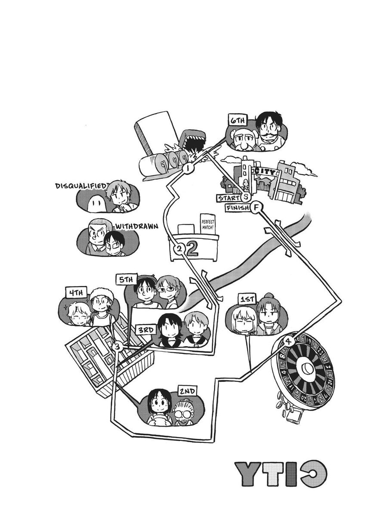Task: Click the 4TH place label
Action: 75,293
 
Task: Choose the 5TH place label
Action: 126,279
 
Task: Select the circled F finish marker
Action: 257,208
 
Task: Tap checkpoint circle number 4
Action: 288,341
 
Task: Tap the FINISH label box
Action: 237,209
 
